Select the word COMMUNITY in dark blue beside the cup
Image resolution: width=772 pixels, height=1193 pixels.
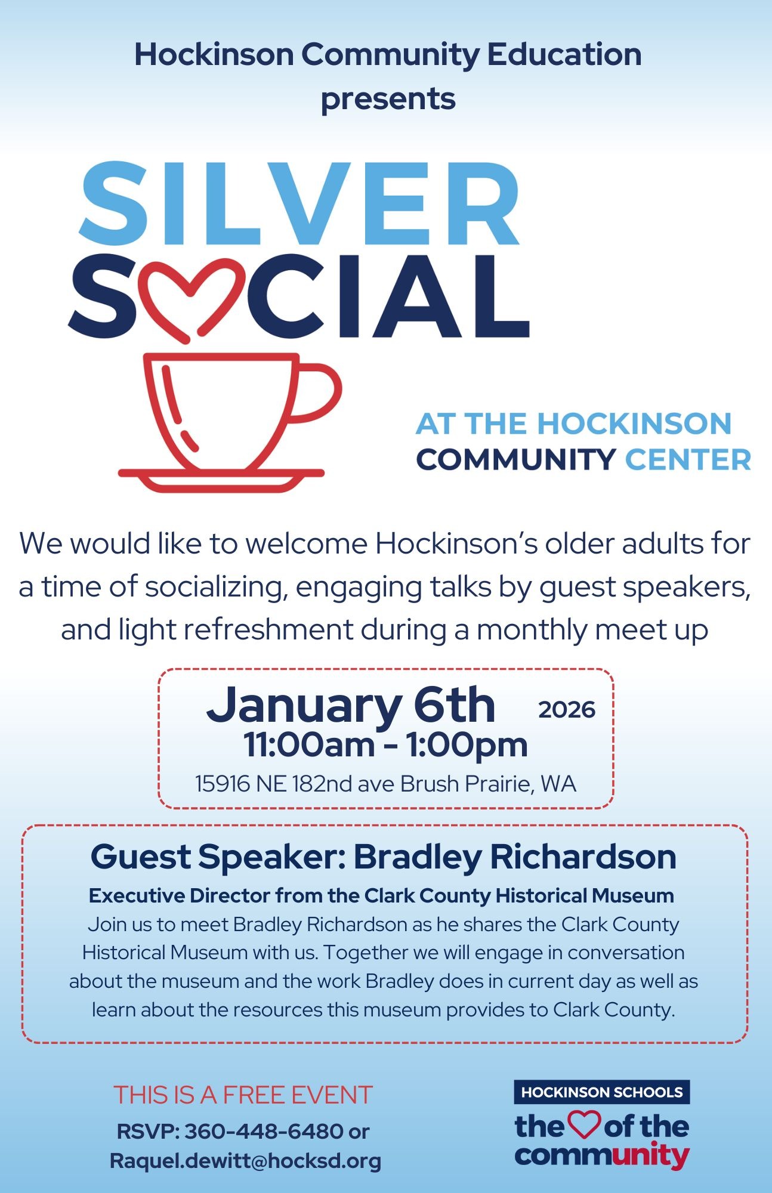(516, 460)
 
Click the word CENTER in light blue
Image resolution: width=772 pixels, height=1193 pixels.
(688, 460)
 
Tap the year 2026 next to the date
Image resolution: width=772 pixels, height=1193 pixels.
(567, 710)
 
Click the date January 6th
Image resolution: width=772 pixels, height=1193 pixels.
(351, 706)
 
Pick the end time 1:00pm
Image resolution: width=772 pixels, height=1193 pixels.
(467, 745)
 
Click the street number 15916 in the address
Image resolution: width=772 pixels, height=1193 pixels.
(223, 784)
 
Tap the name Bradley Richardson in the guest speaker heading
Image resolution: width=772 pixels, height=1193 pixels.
(515, 857)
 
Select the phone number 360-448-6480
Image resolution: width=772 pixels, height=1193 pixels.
(264, 1131)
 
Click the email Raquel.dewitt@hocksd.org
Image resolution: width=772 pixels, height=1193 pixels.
(245, 1160)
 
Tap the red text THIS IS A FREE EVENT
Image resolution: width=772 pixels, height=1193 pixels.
(243, 1095)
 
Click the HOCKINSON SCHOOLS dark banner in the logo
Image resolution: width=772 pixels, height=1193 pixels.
(601, 1092)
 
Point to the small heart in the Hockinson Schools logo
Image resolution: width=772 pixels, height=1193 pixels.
(584, 1124)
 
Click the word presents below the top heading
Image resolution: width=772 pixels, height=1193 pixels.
(388, 98)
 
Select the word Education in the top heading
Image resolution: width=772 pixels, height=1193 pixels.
(564, 54)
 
